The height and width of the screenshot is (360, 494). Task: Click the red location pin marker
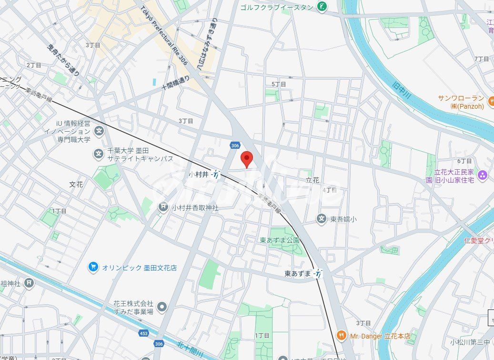[x=246, y=159]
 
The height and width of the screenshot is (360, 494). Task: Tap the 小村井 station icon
[x=216, y=175]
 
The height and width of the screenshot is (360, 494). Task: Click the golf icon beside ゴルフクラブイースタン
[x=323, y=7]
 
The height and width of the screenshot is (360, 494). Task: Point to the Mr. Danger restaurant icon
[x=341, y=336]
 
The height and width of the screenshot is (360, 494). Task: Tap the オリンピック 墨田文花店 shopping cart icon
[x=93, y=267]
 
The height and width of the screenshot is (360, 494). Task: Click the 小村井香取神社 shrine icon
[x=163, y=207]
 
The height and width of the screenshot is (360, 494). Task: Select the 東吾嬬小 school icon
[x=322, y=219]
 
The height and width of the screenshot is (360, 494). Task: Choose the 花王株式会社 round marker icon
[x=162, y=307]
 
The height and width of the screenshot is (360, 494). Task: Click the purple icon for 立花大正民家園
[x=483, y=175]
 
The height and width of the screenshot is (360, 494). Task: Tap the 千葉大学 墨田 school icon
[x=99, y=154]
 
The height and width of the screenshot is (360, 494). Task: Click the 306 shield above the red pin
[x=234, y=145]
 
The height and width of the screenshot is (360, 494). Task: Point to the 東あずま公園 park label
[x=280, y=240]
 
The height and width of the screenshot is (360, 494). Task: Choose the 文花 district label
[x=76, y=184]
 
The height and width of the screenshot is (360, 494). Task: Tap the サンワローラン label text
[x=461, y=98]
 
